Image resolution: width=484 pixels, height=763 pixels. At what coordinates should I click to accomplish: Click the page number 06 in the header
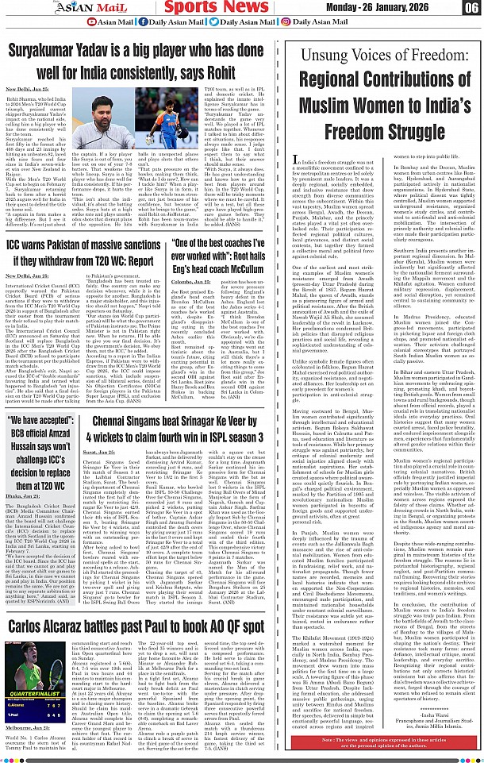point(471,9)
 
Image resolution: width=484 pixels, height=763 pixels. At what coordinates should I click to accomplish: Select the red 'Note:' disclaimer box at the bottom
point(385,743)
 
